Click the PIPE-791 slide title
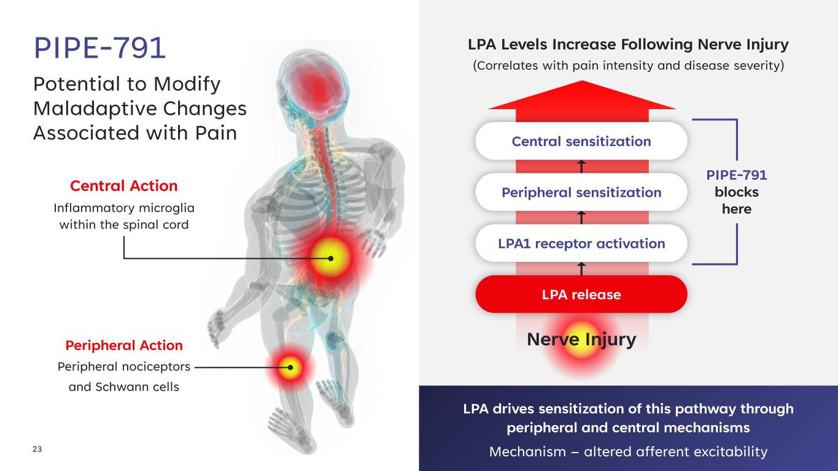click(x=99, y=48)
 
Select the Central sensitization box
click(x=581, y=141)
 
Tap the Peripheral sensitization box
click(x=581, y=193)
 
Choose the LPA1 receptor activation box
click(x=581, y=243)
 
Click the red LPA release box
click(x=581, y=294)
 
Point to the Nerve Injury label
click(x=581, y=339)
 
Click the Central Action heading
click(x=124, y=186)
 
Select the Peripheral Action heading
click(x=124, y=345)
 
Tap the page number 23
click(x=37, y=449)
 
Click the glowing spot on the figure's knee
click(x=290, y=367)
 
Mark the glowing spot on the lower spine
click(x=331, y=258)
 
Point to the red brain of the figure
click(x=317, y=88)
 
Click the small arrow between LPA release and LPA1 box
click(x=581, y=269)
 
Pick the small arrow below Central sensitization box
click(x=581, y=167)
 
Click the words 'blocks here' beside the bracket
click(x=737, y=201)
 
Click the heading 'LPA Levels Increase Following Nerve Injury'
click(x=628, y=45)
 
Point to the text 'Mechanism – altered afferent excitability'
click(x=628, y=451)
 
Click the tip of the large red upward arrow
click(x=582, y=81)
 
